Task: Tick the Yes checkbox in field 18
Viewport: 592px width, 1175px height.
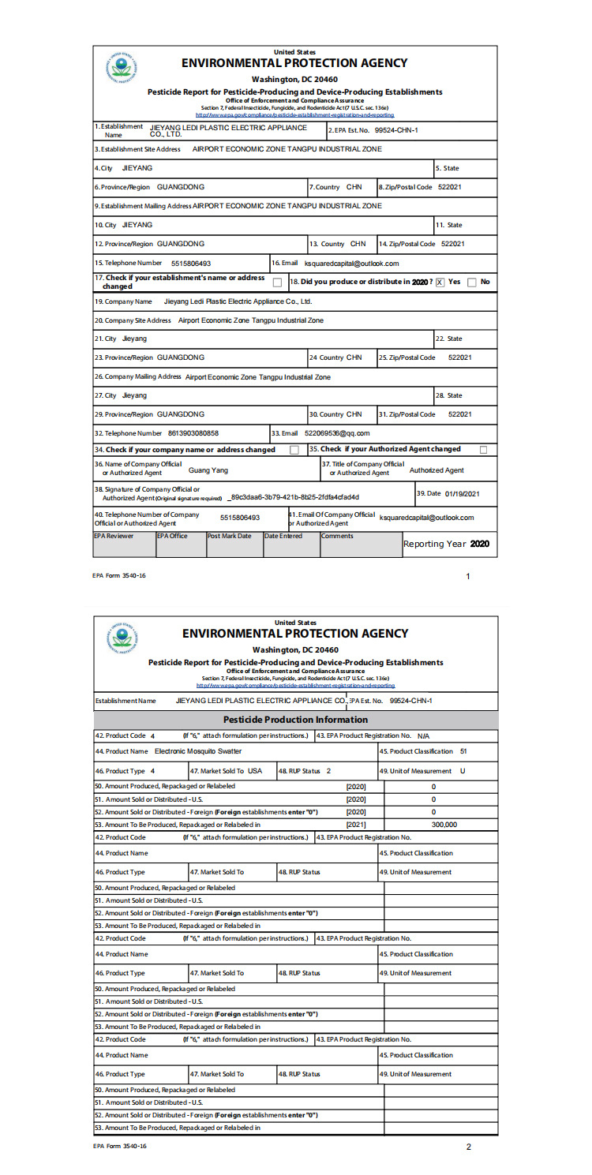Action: [440, 282]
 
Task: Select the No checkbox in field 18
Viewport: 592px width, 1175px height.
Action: [471, 282]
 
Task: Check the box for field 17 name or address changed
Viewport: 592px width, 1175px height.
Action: [277, 282]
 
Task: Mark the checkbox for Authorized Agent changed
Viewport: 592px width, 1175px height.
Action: [484, 450]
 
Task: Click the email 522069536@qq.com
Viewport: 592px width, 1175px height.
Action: [337, 432]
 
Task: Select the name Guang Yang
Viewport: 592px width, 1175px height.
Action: [208, 470]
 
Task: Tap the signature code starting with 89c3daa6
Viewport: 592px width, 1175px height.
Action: [294, 497]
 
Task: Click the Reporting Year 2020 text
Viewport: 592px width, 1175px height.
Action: [446, 544]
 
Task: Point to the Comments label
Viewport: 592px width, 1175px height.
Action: [337, 536]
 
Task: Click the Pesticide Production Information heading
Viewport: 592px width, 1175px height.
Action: [296, 720]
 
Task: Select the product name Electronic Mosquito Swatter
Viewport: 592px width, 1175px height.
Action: [197, 750]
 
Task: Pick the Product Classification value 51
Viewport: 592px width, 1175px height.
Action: [463, 750]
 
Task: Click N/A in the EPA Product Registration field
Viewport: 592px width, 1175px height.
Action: [423, 735]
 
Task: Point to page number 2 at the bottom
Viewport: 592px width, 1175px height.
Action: [468, 1147]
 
